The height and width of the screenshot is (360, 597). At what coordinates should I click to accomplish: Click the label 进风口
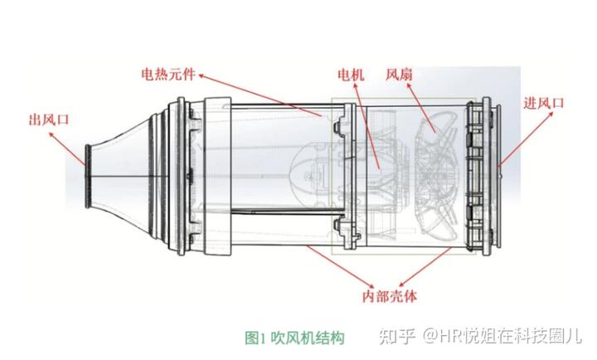(x=544, y=103)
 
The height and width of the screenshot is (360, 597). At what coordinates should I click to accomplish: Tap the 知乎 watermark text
(x=396, y=338)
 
